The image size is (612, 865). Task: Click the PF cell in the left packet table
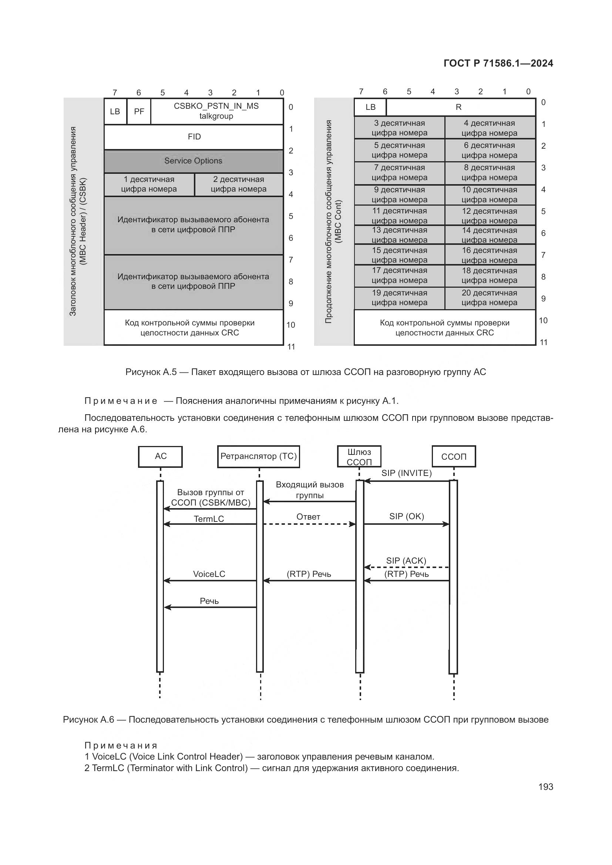(139, 112)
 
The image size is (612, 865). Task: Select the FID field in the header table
(194, 137)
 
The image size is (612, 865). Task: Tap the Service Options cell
(193, 161)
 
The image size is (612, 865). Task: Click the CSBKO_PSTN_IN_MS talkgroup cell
(216, 111)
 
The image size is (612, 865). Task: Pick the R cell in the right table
(460, 107)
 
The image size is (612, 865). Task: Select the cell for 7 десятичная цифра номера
(400, 173)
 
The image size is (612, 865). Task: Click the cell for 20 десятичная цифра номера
(490, 298)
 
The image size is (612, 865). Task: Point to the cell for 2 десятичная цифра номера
(239, 185)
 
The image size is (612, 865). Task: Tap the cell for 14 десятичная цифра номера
(490, 235)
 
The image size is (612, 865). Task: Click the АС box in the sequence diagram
(161, 457)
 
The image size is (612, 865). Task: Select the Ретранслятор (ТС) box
(259, 457)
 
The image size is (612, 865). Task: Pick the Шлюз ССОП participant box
(359, 457)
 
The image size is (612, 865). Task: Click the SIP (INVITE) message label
(406, 473)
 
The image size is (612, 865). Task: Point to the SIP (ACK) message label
(406, 561)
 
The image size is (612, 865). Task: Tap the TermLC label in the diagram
(209, 519)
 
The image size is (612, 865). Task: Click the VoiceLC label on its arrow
(209, 574)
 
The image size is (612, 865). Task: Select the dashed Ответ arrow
(309, 524)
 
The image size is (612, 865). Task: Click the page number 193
(546, 787)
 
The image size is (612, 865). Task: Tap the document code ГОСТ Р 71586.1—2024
(498, 63)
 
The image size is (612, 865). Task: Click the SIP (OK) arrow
(406, 524)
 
